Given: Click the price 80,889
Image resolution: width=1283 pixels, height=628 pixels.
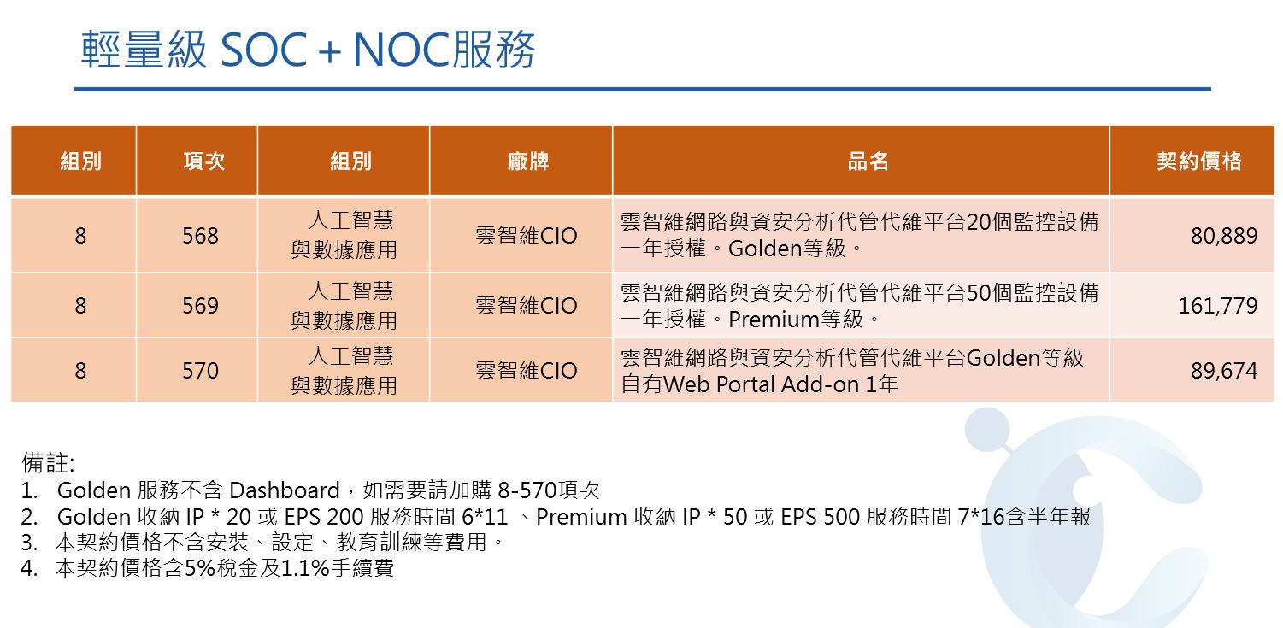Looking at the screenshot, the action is click(1223, 235).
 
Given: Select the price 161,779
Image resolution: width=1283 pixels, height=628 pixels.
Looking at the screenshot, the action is click(1217, 306).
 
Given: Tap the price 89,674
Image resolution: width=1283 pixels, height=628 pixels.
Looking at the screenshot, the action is click(1223, 370).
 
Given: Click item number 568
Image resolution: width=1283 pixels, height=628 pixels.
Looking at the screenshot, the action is click(200, 235).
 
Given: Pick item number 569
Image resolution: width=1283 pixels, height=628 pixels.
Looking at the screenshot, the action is click(200, 306).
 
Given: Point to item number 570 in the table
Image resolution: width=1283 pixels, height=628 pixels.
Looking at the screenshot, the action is click(200, 370).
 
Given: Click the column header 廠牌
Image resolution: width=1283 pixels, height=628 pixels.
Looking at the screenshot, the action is click(527, 161).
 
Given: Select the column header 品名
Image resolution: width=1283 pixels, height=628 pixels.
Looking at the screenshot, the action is click(868, 161).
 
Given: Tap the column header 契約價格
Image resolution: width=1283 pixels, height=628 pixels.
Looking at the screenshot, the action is click(1198, 161).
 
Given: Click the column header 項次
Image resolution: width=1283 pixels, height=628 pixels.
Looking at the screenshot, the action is click(203, 161).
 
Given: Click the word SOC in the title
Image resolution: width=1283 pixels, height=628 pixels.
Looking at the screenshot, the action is click(263, 50).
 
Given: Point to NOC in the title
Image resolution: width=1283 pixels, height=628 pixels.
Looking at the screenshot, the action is click(402, 50).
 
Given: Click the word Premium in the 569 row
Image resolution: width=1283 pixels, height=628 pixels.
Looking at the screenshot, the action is click(774, 320).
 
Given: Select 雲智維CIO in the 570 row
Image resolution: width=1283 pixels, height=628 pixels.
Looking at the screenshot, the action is click(526, 370).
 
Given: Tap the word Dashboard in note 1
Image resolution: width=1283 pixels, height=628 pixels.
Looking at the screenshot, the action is click(284, 490).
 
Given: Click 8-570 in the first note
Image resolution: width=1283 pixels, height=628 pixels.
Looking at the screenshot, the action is click(527, 490).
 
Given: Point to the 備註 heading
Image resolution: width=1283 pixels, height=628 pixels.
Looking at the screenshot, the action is click(48, 462).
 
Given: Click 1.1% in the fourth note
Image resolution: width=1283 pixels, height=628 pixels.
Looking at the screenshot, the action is click(304, 568).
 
